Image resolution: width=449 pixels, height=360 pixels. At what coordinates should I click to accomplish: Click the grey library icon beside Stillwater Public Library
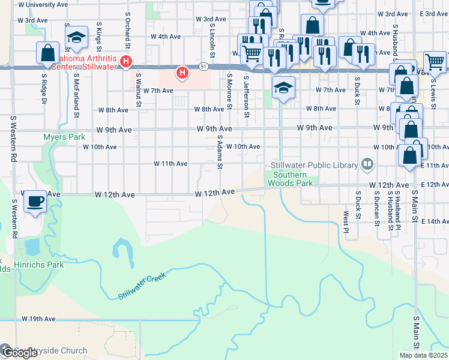(x=366, y=164)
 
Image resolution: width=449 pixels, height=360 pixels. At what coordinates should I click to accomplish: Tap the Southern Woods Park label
(x=290, y=179)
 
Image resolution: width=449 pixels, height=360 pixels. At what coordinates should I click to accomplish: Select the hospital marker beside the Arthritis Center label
(x=125, y=61)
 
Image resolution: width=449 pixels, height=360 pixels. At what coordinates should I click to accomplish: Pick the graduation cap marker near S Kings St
(x=76, y=38)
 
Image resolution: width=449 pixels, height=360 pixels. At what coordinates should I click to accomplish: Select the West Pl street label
(x=346, y=222)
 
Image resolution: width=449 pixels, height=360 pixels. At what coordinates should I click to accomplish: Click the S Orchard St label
(x=128, y=30)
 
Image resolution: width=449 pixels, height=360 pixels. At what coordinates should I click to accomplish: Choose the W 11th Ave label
(x=170, y=163)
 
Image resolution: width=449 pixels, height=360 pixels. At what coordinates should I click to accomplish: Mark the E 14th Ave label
(x=435, y=221)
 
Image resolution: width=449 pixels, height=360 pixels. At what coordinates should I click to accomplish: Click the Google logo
(x=19, y=353)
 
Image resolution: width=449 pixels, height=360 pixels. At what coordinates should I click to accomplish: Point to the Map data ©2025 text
(x=423, y=355)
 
